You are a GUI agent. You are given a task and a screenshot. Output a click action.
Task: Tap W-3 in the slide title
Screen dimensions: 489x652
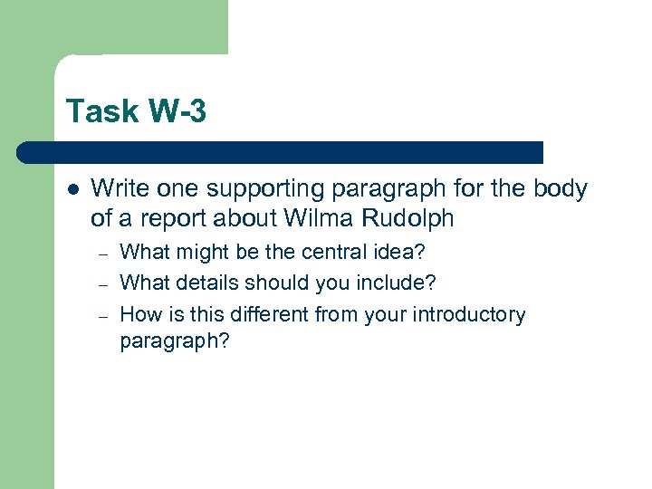(175, 112)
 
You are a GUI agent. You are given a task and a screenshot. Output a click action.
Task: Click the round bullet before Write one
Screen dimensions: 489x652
(72, 190)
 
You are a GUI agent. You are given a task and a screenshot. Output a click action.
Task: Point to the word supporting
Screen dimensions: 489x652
(257, 189)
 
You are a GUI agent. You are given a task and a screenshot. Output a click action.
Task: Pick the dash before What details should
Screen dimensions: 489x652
(105, 284)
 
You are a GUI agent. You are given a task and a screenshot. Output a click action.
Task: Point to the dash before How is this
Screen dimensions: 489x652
(105, 315)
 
